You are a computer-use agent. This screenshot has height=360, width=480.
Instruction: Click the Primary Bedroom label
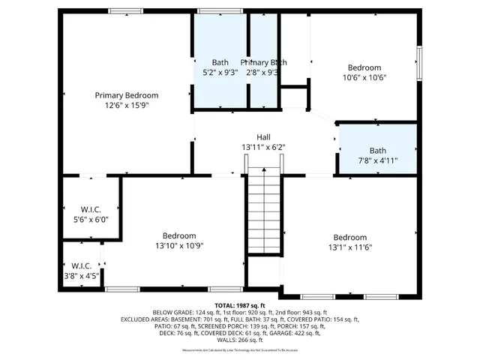coord(126,95)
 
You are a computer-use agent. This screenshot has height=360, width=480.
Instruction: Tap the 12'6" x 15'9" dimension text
coord(126,106)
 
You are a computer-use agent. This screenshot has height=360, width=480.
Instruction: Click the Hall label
coord(263,137)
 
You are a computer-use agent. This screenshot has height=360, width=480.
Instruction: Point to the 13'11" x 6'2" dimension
coord(263,148)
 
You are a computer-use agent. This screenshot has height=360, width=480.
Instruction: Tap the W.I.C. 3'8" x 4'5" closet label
coord(81,270)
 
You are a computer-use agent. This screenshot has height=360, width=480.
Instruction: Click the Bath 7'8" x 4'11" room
coord(377,150)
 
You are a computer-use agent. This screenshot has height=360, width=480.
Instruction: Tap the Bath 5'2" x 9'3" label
coord(220,67)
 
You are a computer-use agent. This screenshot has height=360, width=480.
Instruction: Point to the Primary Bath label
coord(263,62)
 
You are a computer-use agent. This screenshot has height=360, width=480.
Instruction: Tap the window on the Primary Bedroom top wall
coord(126,11)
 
